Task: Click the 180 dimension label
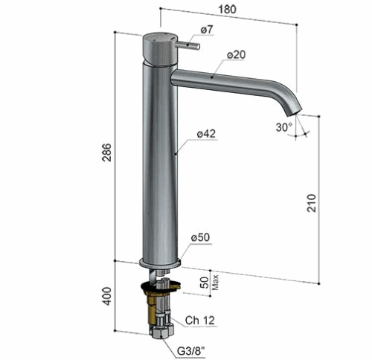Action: click(227, 10)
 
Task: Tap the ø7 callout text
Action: click(207, 30)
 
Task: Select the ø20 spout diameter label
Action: click(236, 55)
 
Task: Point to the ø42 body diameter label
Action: click(206, 134)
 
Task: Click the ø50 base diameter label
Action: click(200, 237)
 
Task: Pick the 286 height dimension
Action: click(107, 152)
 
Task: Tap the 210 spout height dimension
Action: click(312, 203)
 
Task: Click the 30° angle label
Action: click(283, 127)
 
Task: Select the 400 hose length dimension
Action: click(107, 296)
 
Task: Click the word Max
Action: click(215, 283)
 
